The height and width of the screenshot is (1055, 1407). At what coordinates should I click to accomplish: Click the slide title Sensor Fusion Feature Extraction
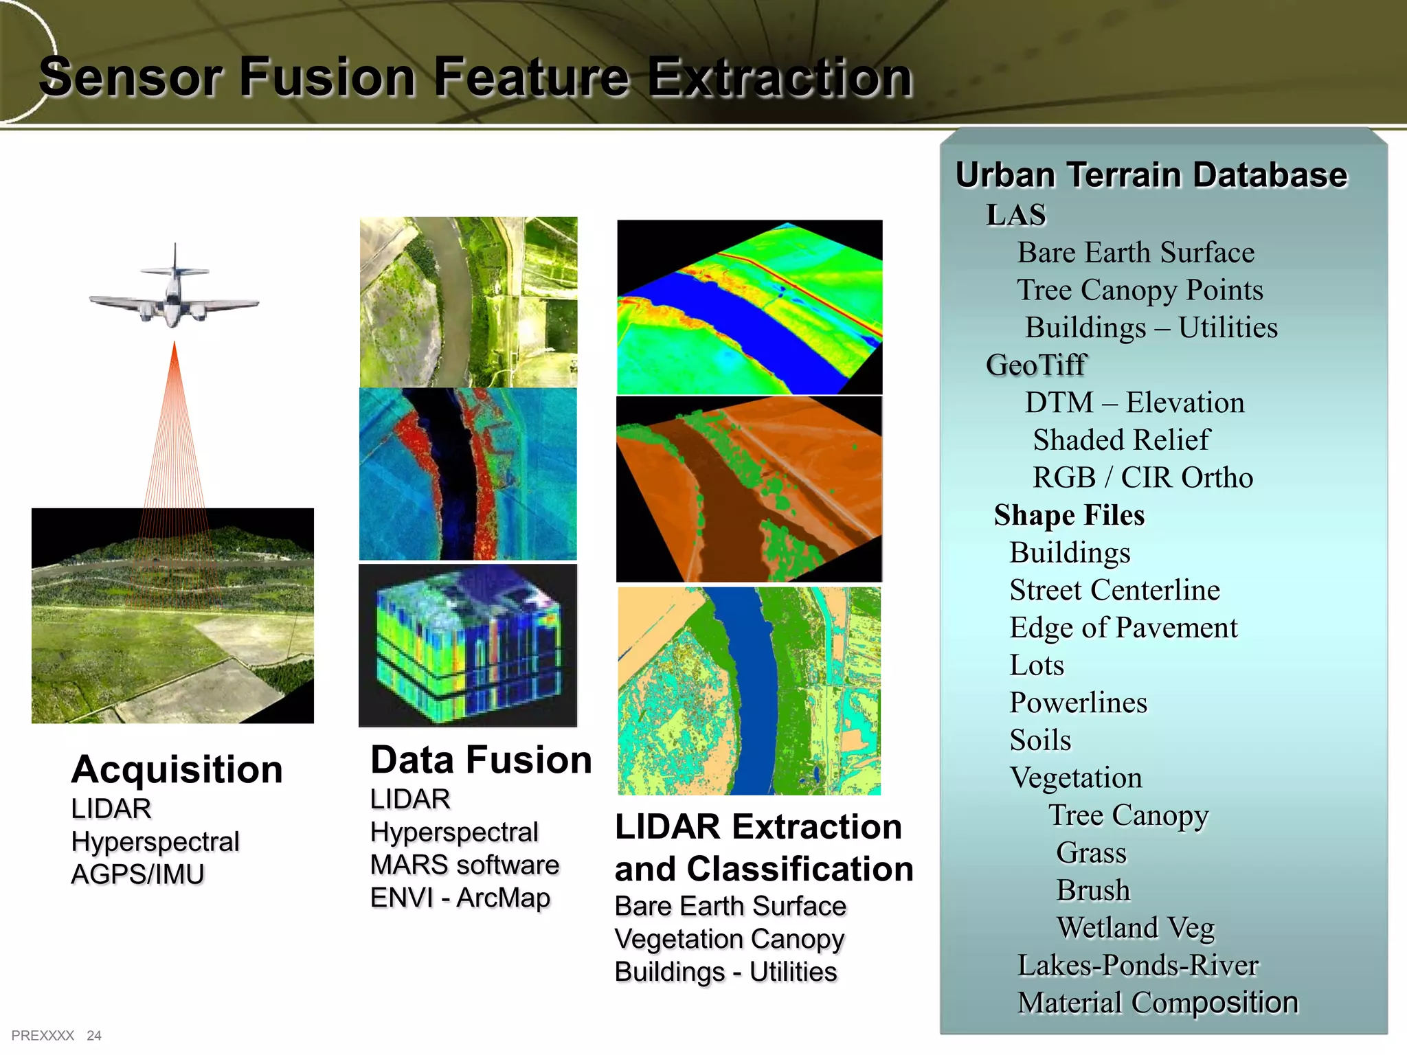tap(475, 77)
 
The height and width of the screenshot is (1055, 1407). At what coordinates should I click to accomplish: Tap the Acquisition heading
tap(177, 769)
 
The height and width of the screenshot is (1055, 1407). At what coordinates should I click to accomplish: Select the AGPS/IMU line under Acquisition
tap(138, 874)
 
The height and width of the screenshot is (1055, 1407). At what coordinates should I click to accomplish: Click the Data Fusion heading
tap(481, 760)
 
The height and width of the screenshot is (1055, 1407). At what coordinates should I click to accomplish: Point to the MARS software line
tap(464, 865)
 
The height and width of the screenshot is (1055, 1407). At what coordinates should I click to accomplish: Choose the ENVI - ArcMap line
tap(460, 898)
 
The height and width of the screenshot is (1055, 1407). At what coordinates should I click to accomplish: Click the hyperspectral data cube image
tap(468, 646)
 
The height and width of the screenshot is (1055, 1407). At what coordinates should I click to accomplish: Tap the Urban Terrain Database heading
tap(1151, 174)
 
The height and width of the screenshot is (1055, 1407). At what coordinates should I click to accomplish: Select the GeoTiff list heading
tap(1036, 365)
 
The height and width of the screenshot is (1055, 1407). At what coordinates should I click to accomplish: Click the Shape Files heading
tap(1069, 515)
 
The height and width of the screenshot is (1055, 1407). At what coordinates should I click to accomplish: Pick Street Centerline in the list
tap(1114, 590)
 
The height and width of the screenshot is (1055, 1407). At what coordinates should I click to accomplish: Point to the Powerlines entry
tap(1078, 703)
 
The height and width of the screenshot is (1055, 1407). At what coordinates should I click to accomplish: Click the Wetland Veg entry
tap(1135, 928)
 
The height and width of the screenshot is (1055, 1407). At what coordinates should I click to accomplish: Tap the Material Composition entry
tap(1158, 1003)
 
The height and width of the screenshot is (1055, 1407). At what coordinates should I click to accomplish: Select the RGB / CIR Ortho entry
tap(1143, 477)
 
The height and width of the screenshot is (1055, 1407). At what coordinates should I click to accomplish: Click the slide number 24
tap(94, 1036)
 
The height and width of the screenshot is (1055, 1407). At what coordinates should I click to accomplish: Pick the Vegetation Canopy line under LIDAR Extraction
tap(729, 939)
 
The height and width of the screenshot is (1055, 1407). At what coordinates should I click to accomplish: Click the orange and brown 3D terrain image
tap(749, 489)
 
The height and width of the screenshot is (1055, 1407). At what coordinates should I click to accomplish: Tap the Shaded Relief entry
tap(1121, 440)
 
